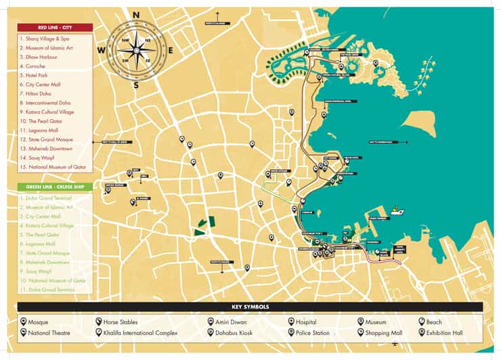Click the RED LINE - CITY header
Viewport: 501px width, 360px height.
pyautogui.click(x=55, y=28)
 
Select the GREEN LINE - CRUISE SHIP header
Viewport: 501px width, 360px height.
pyautogui.click(x=55, y=187)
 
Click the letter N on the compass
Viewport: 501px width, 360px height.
pyautogui.click(x=136, y=14)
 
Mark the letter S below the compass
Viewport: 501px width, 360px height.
pyautogui.click(x=136, y=85)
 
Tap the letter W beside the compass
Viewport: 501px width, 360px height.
pyautogui.click(x=101, y=50)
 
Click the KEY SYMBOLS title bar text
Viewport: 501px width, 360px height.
pyautogui.click(x=250, y=307)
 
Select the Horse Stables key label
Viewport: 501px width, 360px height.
pyautogui.click(x=120, y=322)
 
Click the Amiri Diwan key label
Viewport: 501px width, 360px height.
pyautogui.click(x=232, y=322)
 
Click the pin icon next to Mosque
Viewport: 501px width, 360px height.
pyautogui.click(x=23, y=322)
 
